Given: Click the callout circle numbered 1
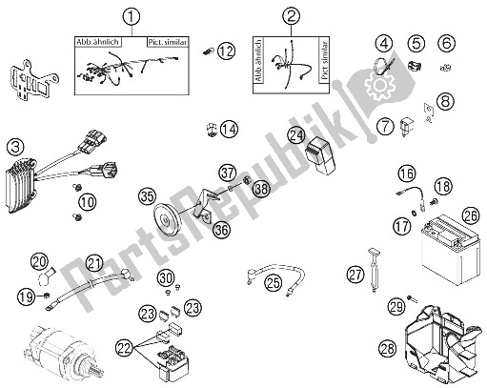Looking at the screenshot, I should tap(133, 15).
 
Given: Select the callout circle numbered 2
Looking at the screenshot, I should tap(292, 15).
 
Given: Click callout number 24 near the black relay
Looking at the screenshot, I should tap(298, 135).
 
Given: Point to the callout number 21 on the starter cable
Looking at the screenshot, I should tap(93, 264).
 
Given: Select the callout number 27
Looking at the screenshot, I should tap(355, 275).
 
